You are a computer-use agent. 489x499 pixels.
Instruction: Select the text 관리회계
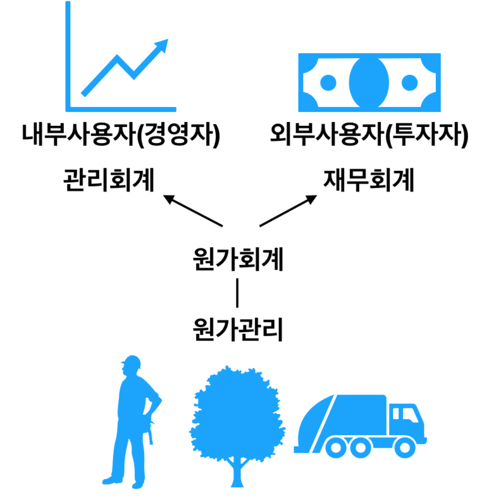tap(108, 181)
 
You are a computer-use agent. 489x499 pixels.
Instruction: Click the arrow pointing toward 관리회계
tap(192, 211)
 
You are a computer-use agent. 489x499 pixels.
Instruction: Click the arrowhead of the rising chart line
tap(162, 46)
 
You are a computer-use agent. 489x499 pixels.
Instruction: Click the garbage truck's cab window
tap(403, 414)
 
